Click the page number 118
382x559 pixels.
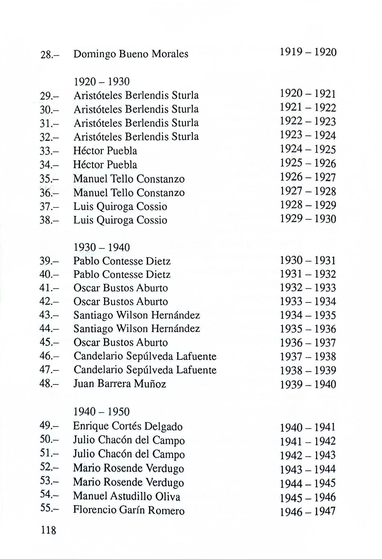[x=49, y=531]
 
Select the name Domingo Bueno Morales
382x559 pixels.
[x=131, y=54]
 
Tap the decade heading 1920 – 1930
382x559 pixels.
[x=102, y=81]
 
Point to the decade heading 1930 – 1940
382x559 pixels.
[x=102, y=247]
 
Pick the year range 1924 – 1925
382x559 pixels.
[x=308, y=149]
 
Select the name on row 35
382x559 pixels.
[x=129, y=179]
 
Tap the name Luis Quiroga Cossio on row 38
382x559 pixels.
[x=120, y=220]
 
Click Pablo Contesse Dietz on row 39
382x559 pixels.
[x=122, y=261]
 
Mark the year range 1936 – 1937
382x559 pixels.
[x=308, y=343]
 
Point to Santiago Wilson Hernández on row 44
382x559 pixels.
[x=137, y=329]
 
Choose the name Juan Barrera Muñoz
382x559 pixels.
[x=120, y=384]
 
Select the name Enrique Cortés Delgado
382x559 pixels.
[x=128, y=426]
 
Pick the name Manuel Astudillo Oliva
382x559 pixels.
[x=126, y=496]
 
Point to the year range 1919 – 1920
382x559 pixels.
[x=308, y=53]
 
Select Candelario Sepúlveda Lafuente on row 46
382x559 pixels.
[x=145, y=356]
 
